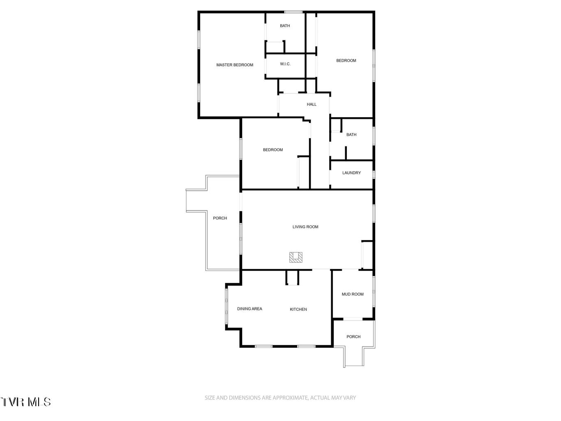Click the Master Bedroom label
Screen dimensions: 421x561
(x=235, y=65)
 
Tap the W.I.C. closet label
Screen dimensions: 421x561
(x=285, y=64)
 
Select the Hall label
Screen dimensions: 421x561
(x=312, y=104)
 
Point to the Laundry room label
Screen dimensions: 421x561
(x=351, y=173)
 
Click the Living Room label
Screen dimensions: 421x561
(x=305, y=227)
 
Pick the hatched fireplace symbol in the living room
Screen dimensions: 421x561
(x=296, y=257)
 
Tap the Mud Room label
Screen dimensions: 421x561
(x=353, y=294)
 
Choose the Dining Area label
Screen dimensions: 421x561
(x=249, y=309)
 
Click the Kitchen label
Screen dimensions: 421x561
(x=298, y=310)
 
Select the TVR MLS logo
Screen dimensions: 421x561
(x=25, y=402)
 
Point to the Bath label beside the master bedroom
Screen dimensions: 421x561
(x=285, y=26)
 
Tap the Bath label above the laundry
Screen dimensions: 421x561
(x=351, y=135)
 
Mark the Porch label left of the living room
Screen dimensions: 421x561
(x=220, y=218)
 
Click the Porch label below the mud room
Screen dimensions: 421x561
(x=353, y=337)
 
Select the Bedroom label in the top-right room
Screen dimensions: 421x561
(x=346, y=61)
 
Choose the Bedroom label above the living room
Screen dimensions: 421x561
(x=273, y=150)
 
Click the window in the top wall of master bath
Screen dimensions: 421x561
(x=293, y=12)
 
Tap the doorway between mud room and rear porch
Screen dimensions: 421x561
(x=353, y=319)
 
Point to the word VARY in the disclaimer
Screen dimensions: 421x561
(x=350, y=398)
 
